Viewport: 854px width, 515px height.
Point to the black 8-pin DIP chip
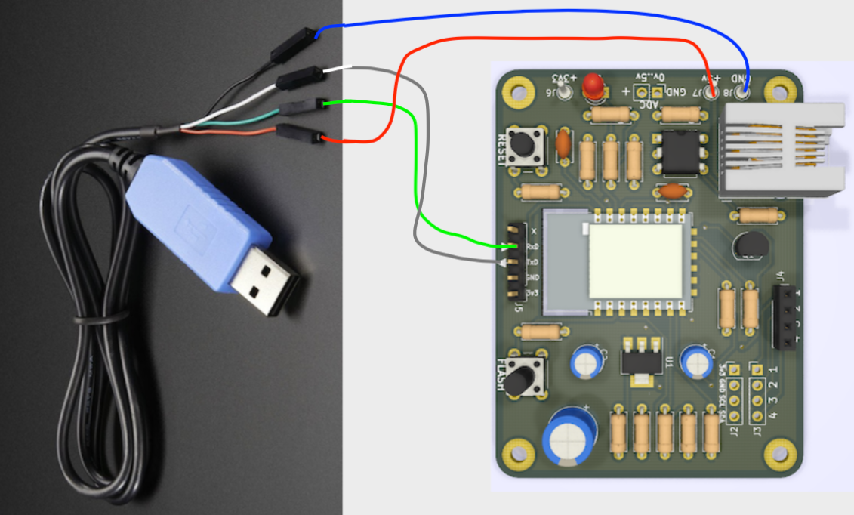tap(679, 150)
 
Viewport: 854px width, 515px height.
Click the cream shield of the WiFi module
tap(637, 261)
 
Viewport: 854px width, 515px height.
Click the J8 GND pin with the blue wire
tap(743, 93)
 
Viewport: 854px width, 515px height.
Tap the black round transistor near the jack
tap(749, 246)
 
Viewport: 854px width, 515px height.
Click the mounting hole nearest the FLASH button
tap(517, 454)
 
